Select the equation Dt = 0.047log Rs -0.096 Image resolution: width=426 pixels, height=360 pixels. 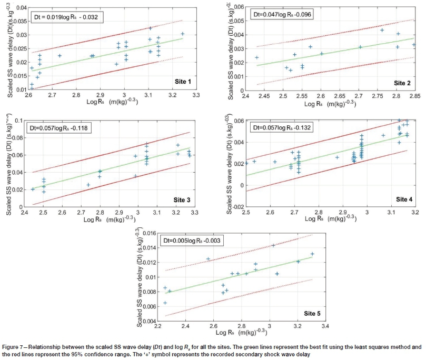(282, 14)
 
